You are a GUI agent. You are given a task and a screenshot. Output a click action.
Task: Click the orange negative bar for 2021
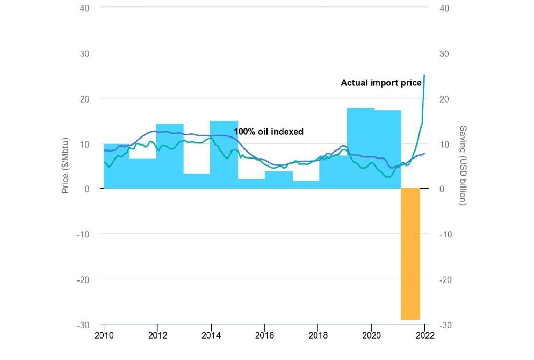(x=410, y=254)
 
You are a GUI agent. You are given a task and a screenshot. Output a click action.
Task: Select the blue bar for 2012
(x=170, y=156)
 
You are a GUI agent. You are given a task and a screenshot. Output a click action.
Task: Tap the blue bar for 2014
(x=223, y=155)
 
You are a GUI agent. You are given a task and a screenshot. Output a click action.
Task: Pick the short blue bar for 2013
(x=197, y=181)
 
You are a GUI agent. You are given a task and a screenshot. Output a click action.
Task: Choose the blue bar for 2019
(x=360, y=148)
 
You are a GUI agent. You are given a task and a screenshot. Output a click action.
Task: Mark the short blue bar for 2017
(x=306, y=184)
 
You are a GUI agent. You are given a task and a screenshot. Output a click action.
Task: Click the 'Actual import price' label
(x=381, y=83)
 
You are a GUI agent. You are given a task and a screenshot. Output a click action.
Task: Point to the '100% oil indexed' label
(x=269, y=132)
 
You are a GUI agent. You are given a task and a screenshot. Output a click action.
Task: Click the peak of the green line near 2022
(x=424, y=75)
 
